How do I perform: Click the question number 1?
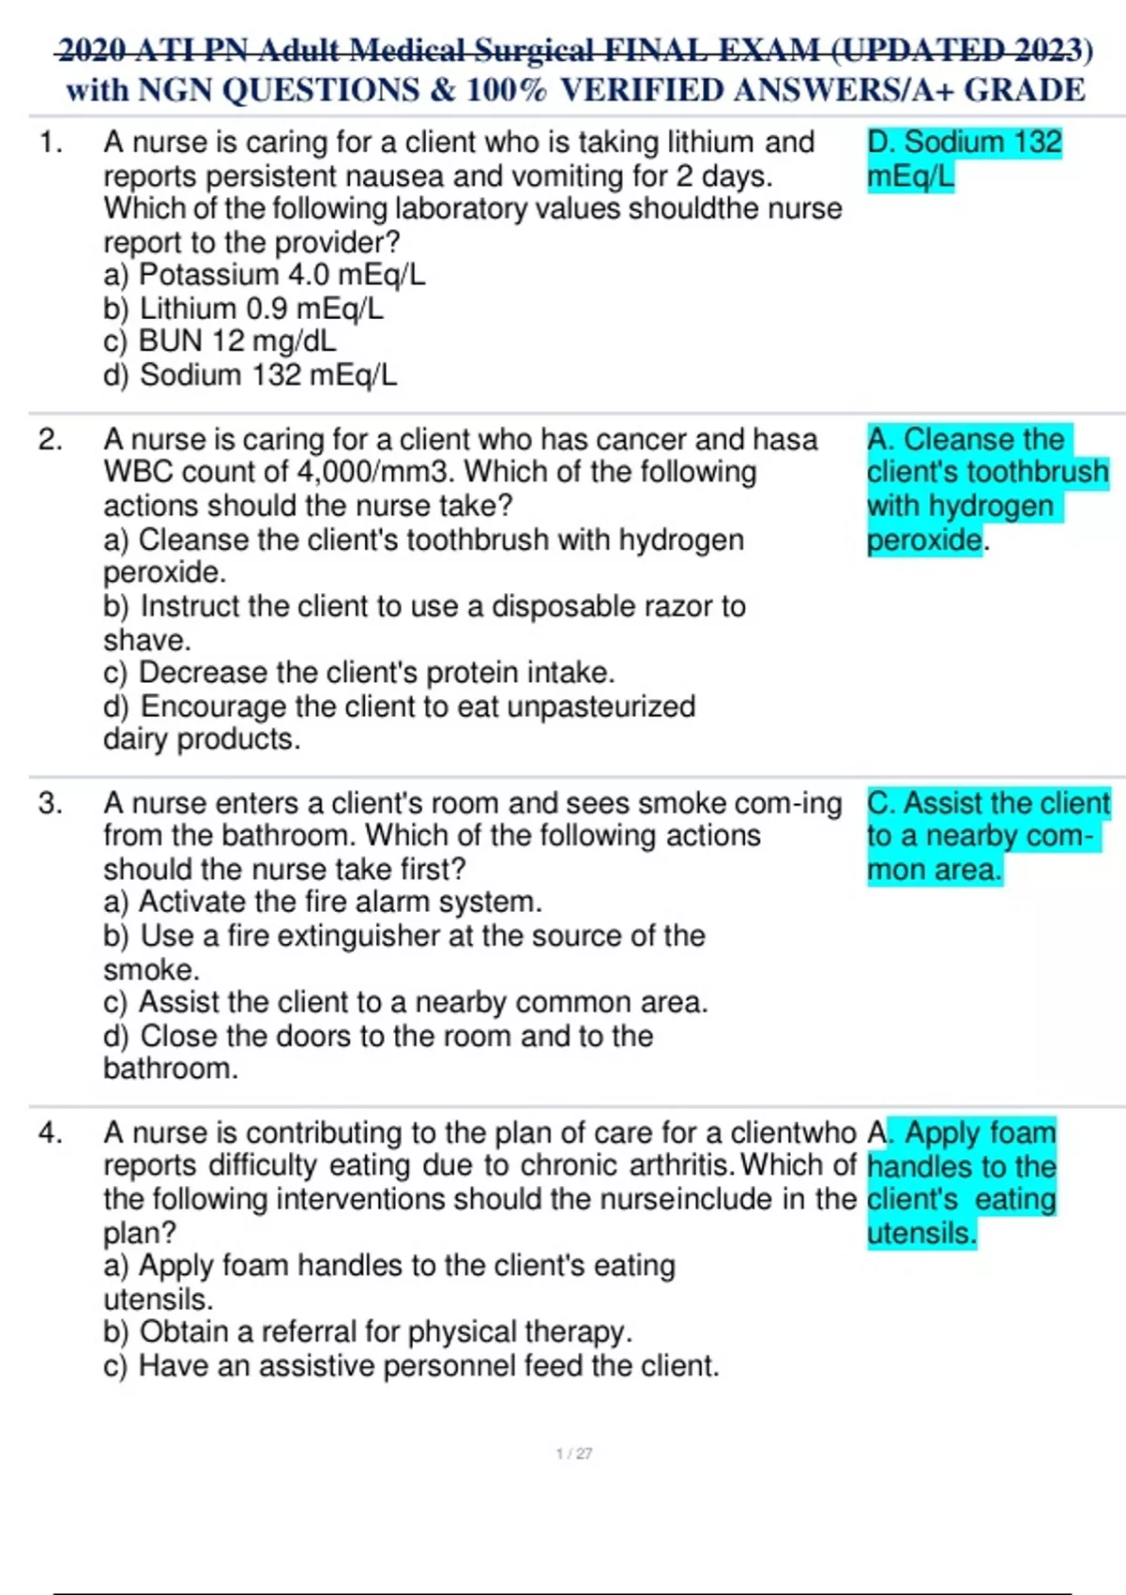50,144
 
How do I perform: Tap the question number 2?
50,440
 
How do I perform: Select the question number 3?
50,804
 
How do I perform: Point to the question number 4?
50,1133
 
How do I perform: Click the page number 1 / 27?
573,1453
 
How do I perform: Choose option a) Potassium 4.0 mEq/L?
264,275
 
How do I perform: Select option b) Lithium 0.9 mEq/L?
243,309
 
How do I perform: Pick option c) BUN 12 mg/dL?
220,342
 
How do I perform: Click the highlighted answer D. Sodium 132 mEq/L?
964,159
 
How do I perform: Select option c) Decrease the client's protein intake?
358,673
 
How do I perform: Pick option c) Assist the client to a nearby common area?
404,1003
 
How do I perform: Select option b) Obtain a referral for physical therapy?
367,1332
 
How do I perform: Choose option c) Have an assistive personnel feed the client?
411,1366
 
